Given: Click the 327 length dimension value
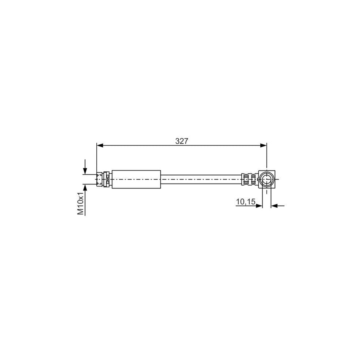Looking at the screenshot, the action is click(x=182, y=141).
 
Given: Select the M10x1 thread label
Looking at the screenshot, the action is click(x=80, y=204).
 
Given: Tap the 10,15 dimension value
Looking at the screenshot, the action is click(x=246, y=202).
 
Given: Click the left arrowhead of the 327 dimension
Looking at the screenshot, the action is click(x=100, y=145).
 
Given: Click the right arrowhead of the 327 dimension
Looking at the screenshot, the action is click(x=263, y=145).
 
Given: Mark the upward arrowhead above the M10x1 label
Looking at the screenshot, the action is click(x=85, y=187).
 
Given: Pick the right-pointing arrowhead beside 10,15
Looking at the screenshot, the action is click(x=259, y=206).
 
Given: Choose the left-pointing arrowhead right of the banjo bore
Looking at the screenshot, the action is click(x=274, y=206).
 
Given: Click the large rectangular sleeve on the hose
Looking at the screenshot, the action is click(x=136, y=179).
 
